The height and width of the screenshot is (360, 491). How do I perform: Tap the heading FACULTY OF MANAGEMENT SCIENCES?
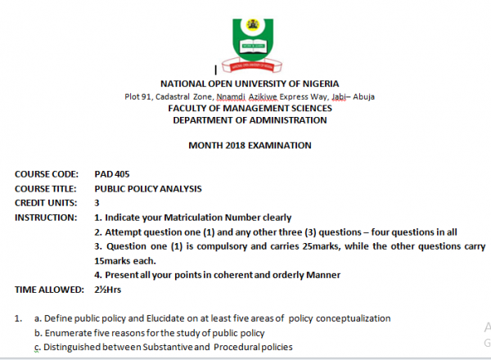(250, 108)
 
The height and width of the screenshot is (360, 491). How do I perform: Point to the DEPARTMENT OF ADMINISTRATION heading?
(250, 120)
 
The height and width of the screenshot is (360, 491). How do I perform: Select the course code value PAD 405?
(111, 173)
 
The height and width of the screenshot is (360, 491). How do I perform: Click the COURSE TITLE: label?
(46, 187)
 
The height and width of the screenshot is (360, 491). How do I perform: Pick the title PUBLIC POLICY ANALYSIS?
(148, 187)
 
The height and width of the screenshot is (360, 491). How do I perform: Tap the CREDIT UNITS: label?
(46, 202)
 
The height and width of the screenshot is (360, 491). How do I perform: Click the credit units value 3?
(97, 202)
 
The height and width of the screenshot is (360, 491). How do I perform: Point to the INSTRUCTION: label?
(46, 217)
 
